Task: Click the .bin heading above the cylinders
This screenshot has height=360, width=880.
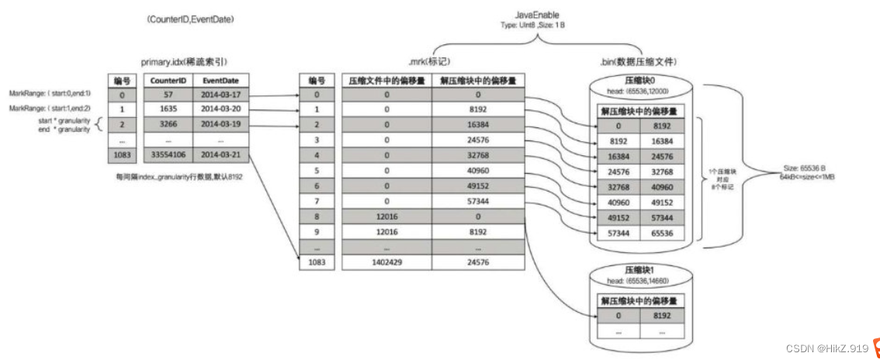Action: pos(639,61)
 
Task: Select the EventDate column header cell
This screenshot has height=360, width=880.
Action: pos(220,79)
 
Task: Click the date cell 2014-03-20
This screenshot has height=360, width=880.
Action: pos(220,109)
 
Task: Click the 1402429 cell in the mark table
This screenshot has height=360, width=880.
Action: pos(386,262)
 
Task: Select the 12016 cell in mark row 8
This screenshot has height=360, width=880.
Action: pos(386,216)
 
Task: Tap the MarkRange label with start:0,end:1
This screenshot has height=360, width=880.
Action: pos(50,93)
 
